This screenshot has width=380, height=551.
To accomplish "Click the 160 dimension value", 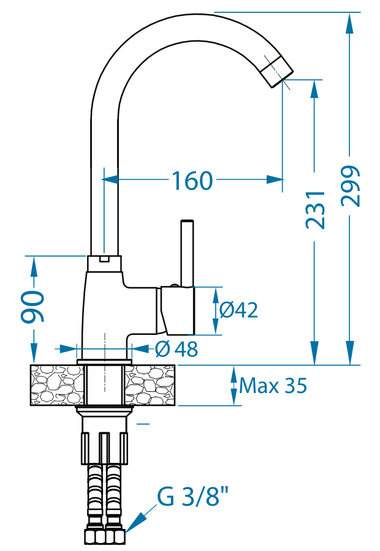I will pyautogui.click(x=192, y=181).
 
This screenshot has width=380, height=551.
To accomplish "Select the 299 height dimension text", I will pyautogui.click(x=351, y=186).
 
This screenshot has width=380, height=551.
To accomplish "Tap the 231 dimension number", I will pyautogui.click(x=315, y=209).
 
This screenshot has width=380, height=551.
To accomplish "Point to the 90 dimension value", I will pyautogui.click(x=33, y=307).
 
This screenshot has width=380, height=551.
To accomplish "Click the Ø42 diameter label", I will pyautogui.click(x=238, y=310).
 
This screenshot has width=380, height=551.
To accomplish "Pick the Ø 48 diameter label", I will pyautogui.click(x=177, y=349).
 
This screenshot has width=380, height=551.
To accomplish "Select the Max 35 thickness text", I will pyautogui.click(x=273, y=386).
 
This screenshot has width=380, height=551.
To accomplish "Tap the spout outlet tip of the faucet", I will pyautogui.click(x=277, y=72).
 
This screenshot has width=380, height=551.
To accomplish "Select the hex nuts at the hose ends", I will pyautogui.click(x=104, y=537).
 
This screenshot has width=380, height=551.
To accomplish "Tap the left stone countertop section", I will pyautogui.click(x=56, y=385).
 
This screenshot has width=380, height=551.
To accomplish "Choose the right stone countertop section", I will pyautogui.click(x=151, y=385).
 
